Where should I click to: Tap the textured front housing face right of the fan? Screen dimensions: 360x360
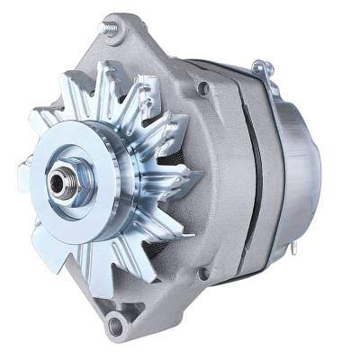click(x=211, y=180)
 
